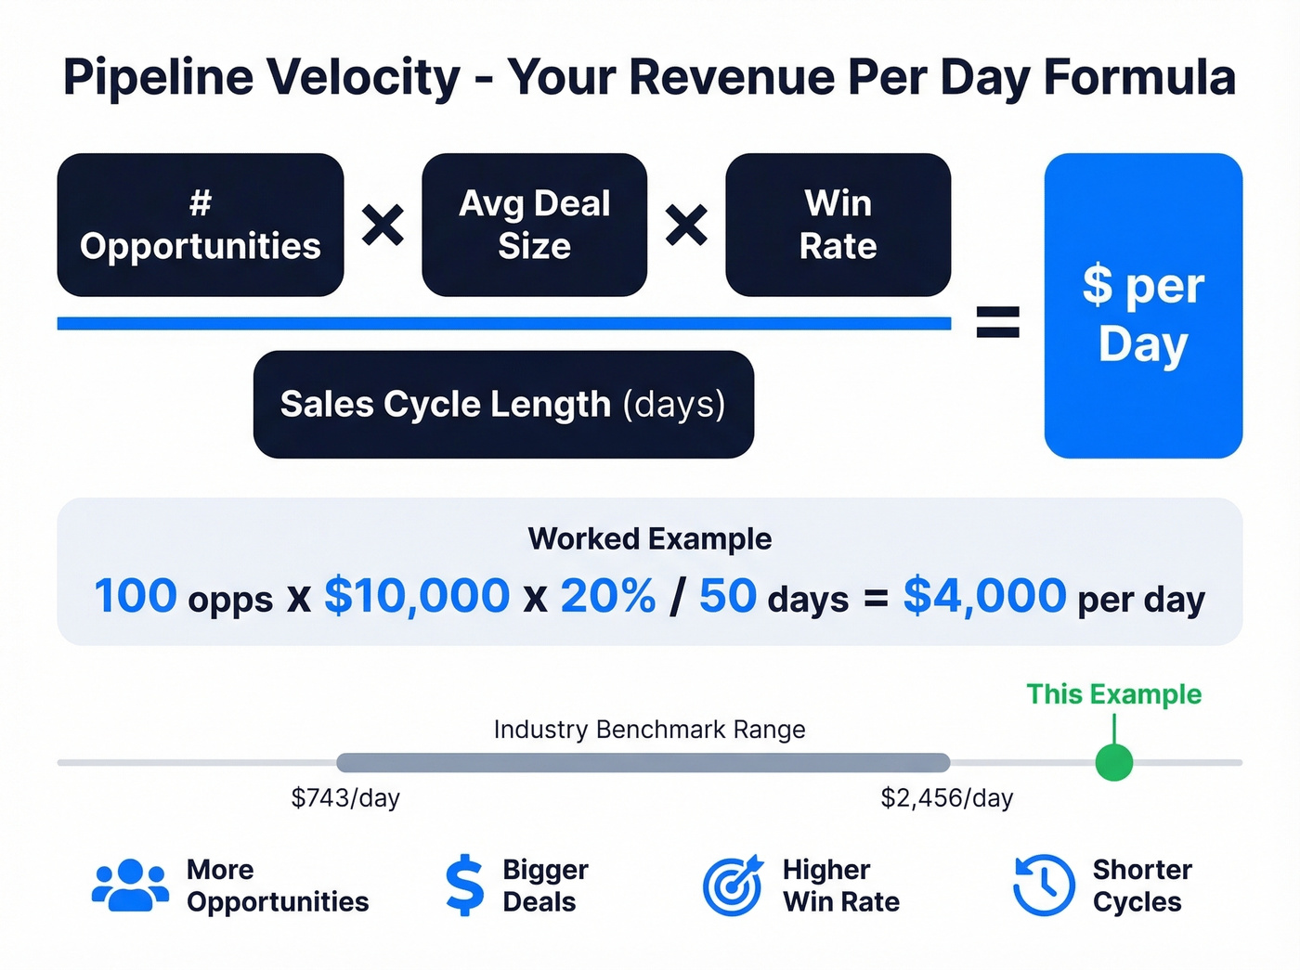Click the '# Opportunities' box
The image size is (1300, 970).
[x=201, y=225]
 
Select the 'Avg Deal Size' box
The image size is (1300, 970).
[x=534, y=225]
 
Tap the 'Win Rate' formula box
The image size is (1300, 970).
[x=838, y=225]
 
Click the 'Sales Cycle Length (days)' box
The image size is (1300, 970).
[x=503, y=404]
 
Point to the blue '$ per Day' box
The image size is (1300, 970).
[x=1143, y=305]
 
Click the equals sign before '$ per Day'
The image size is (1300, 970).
[x=998, y=322]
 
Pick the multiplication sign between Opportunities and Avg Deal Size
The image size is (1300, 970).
[x=383, y=225]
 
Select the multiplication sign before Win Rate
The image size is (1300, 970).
[x=686, y=225]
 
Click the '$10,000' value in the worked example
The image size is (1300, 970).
[x=417, y=595]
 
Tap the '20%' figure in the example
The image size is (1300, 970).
[x=608, y=595]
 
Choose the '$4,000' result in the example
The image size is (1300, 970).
[x=984, y=595]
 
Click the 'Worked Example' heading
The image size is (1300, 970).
[x=650, y=538]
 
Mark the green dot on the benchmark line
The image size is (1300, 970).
[x=1113, y=762]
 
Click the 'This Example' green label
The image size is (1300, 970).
[x=1113, y=694]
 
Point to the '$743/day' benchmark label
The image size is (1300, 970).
[x=345, y=797]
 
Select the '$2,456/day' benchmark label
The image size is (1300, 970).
[x=947, y=797]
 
